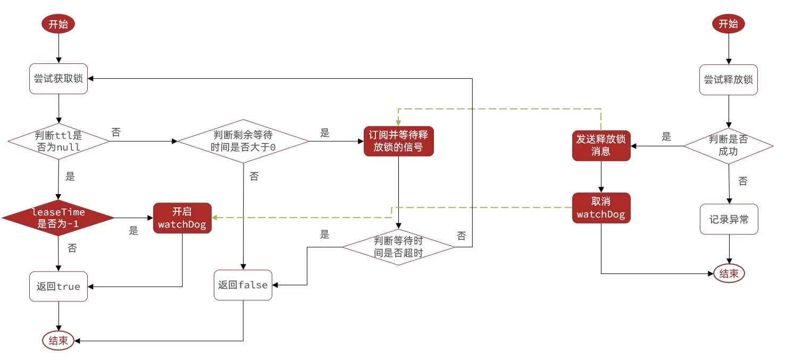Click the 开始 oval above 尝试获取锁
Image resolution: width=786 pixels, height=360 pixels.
tap(58, 24)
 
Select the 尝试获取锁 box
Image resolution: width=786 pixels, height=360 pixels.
tap(58, 79)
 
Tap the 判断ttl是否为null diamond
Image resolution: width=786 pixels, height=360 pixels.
tap(58, 141)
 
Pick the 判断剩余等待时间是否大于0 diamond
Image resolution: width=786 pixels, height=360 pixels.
tap(243, 141)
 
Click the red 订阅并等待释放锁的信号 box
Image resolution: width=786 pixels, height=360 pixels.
tap(398, 141)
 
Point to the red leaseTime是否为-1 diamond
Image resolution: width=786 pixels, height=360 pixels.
tap(58, 218)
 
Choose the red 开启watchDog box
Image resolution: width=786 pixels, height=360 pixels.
tap(182, 218)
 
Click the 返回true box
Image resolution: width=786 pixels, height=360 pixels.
tap(58, 287)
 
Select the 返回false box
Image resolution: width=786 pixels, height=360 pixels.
tap(243, 285)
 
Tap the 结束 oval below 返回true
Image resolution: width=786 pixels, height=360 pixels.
tap(58, 341)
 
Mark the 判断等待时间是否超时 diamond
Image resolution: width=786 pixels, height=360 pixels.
tap(398, 247)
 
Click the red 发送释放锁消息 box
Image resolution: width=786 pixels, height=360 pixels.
tap(601, 145)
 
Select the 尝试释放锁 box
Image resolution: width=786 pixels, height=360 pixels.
tap(729, 80)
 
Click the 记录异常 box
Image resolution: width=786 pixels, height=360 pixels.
tap(729, 219)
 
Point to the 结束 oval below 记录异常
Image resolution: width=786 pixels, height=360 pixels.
tap(729, 274)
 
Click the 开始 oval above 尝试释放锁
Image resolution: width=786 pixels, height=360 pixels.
tap(729, 24)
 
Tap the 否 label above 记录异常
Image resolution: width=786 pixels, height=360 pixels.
tap(743, 181)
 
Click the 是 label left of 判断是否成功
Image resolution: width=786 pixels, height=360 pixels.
tap(666, 137)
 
